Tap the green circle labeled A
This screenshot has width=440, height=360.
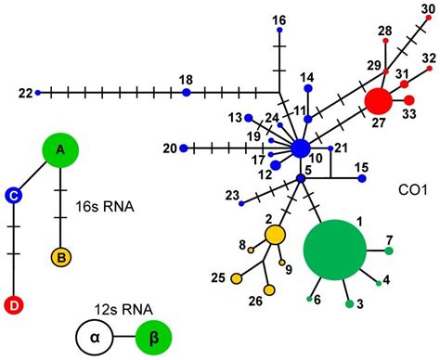[x=60, y=149]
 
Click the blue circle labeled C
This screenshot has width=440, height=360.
[x=14, y=194]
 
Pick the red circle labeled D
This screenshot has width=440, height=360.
[x=14, y=304]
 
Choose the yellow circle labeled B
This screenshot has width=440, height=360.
[x=60, y=255]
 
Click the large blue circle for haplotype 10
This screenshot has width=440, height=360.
[x=300, y=148]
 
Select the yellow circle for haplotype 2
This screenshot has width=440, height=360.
[x=275, y=235]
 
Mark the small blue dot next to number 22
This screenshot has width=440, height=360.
[x=37, y=93]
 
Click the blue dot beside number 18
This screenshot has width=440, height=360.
[x=187, y=92]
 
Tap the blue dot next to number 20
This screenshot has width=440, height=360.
[x=184, y=148]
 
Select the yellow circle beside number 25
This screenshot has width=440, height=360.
[x=237, y=277]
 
